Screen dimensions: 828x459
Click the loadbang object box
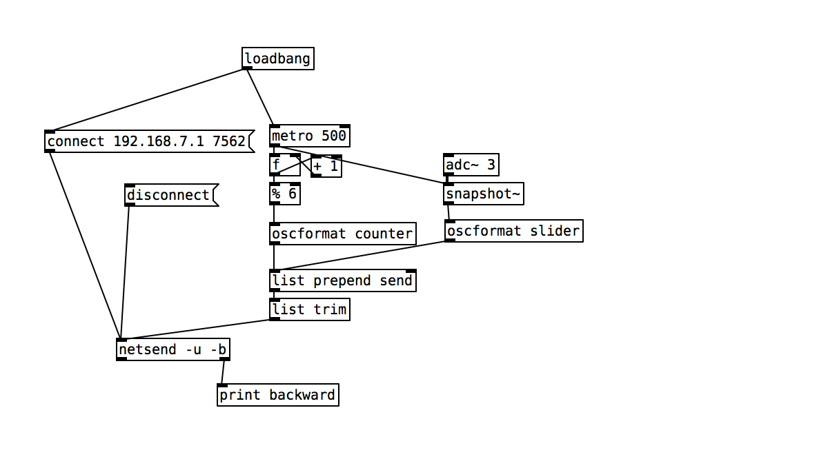click(x=278, y=59)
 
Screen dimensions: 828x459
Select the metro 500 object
click(x=310, y=136)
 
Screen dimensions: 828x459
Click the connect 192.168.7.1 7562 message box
click(x=149, y=141)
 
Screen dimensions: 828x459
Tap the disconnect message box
click(x=172, y=195)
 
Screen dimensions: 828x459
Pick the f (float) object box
click(x=284, y=165)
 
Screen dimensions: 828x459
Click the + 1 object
click(x=326, y=166)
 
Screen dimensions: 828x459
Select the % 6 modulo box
click(x=284, y=194)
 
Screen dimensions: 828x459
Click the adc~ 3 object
click(x=471, y=165)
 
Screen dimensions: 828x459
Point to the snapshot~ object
click(x=484, y=194)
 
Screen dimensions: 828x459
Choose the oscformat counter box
click(x=343, y=234)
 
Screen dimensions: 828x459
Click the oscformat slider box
click(x=514, y=231)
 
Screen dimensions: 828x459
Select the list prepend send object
click(x=343, y=280)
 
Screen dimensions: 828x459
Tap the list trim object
click(x=310, y=309)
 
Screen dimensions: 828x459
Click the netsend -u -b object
click(x=173, y=349)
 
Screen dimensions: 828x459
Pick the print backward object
click(x=278, y=395)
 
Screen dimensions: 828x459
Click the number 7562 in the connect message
click(x=229, y=141)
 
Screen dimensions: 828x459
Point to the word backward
click(x=302, y=395)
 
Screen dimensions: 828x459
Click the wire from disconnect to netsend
click(x=125, y=272)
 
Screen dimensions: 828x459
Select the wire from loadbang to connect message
click(x=146, y=100)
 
